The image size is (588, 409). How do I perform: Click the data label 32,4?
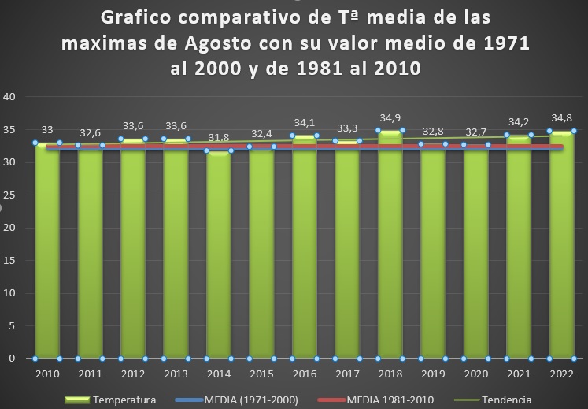(x=261, y=133)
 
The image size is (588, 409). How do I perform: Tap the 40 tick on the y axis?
(x=11, y=97)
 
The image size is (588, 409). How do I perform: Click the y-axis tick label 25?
(x=11, y=195)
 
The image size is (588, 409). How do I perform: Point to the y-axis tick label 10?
(x=11, y=293)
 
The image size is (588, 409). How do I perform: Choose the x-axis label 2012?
(x=132, y=374)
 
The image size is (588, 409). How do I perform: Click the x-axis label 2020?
(x=475, y=374)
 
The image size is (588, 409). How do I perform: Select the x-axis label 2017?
(x=347, y=374)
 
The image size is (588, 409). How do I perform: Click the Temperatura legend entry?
(x=124, y=400)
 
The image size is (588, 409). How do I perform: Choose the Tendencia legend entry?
(x=512, y=400)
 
